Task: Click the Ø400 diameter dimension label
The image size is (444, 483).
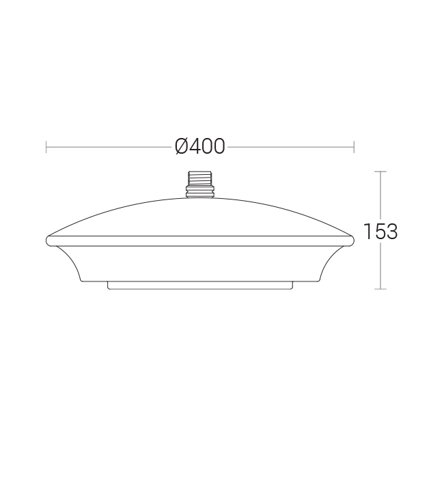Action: pos(200,146)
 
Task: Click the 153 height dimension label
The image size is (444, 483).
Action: pos(380,231)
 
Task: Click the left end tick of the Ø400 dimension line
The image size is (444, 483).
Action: pos(46,147)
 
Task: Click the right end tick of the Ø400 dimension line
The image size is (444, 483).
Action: pos(354,147)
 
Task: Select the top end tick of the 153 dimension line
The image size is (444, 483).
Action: pos(380,171)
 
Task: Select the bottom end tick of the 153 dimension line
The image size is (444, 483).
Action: pos(380,289)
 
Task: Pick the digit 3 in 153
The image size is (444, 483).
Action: pos(391,232)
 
